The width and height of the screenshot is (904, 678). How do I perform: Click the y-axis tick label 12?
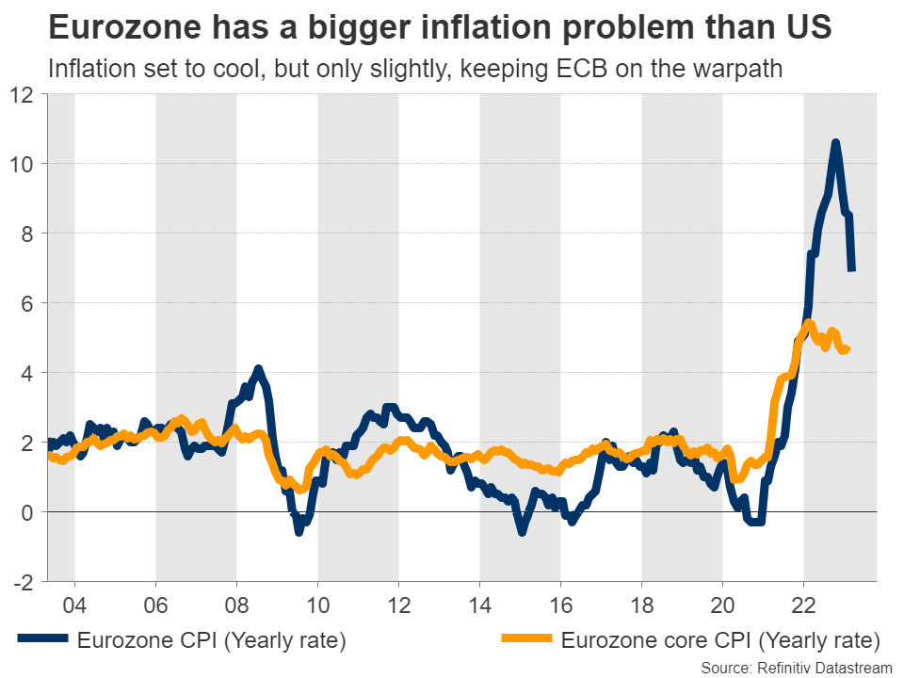tap(22, 95)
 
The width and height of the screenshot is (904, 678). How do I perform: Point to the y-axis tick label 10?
tap(22, 165)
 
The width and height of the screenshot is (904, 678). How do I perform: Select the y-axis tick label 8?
tap(27, 234)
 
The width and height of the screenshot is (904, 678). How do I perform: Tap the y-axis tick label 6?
tap(27, 303)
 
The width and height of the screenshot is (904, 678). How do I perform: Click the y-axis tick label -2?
tap(22, 582)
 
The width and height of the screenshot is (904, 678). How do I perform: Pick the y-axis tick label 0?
tap(27, 512)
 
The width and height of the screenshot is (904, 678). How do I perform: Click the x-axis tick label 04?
tap(74, 603)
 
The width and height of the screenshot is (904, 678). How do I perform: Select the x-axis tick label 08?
tap(236, 603)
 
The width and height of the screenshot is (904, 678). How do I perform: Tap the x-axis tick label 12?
tap(398, 603)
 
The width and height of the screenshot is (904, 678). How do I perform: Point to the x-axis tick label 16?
tap(560, 603)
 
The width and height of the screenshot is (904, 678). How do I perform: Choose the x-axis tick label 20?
tap(722, 603)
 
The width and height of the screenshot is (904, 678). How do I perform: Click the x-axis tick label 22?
tap(803, 603)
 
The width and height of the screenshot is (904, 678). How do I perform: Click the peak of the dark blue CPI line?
tap(835, 143)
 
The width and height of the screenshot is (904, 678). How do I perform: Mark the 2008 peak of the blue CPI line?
tap(258, 369)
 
